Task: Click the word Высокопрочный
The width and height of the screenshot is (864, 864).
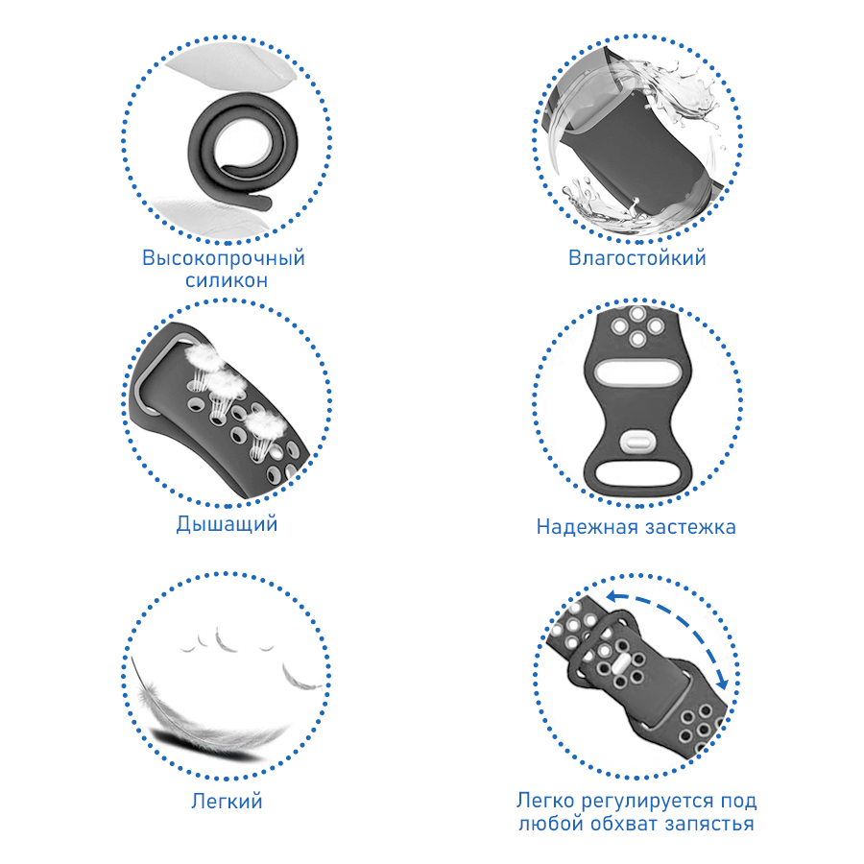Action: coord(224,258)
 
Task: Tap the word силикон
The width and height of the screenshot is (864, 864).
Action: coord(227,280)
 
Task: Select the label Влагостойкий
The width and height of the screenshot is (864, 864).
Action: coord(637,258)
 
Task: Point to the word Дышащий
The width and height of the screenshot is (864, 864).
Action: coord(227,524)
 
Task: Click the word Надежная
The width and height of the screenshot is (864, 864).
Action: coord(587,527)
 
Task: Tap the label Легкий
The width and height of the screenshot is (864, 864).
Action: coord(227,802)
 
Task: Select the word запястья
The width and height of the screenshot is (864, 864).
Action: coord(709,825)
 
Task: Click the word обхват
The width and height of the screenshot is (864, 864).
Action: coord(624,824)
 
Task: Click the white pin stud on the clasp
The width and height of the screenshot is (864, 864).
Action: coord(636,441)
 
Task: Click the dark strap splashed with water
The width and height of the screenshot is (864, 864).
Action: coord(634,149)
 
